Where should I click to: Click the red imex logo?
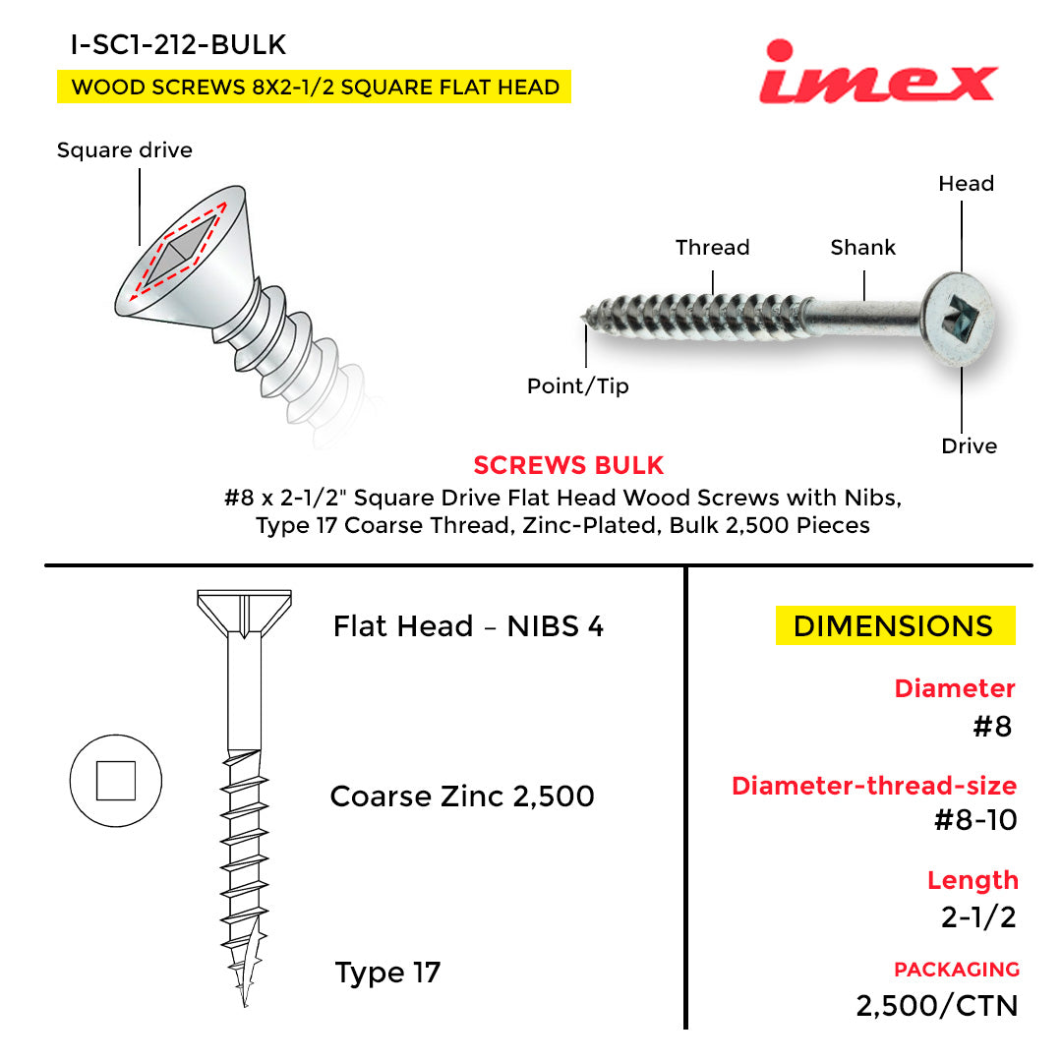[x=877, y=74]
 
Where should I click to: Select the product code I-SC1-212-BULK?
[x=178, y=44]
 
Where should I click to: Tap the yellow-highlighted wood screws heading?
[x=315, y=87]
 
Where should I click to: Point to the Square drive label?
[x=125, y=150]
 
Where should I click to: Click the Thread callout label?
[x=712, y=248]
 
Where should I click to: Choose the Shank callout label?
[x=862, y=248]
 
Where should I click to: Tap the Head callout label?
[x=966, y=184]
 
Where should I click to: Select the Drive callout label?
[x=969, y=446]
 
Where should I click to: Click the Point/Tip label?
[x=577, y=386]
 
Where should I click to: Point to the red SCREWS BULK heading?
[x=568, y=465]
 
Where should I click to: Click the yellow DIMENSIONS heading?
[x=894, y=626]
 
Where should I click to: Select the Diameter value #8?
[x=992, y=727]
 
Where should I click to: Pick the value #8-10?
[x=974, y=820]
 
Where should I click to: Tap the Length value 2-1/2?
[x=978, y=916]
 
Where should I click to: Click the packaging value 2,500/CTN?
[x=936, y=1006]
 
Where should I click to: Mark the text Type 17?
[x=387, y=973]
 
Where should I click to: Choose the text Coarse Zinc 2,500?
[x=462, y=796]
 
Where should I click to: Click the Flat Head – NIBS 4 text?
[x=468, y=626]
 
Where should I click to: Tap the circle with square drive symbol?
[x=116, y=781]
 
